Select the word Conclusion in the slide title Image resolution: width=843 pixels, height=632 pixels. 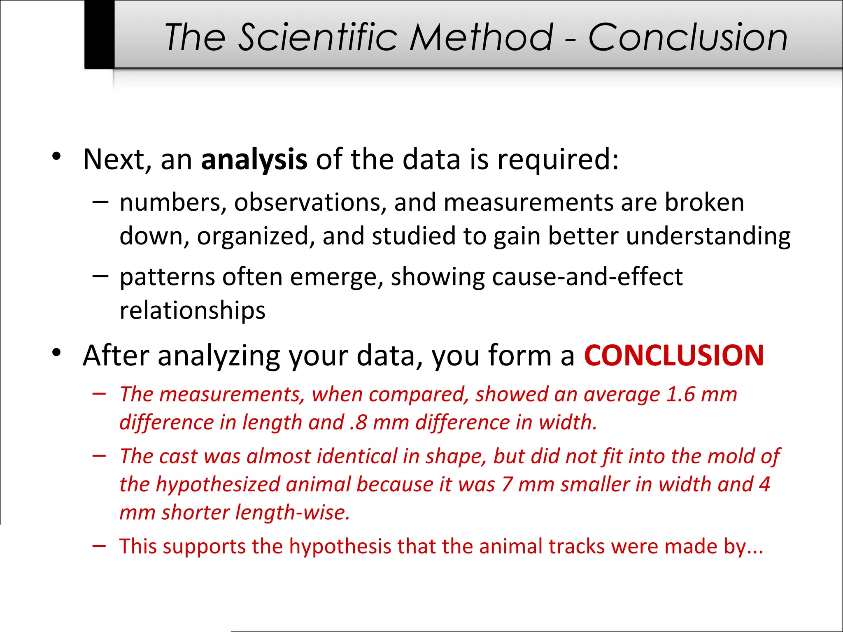687,37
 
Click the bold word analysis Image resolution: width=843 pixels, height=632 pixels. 254,160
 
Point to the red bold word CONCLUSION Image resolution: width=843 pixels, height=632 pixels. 674,355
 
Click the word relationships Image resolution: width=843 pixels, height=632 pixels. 192,310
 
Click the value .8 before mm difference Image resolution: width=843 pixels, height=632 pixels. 358,423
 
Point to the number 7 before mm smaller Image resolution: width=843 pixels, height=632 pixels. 507,484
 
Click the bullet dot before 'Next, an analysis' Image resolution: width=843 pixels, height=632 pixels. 57,156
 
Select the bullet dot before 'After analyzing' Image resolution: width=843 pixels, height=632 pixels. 57,353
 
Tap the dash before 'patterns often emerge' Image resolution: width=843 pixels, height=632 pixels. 100,276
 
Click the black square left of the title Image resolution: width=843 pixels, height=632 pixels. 99,34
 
